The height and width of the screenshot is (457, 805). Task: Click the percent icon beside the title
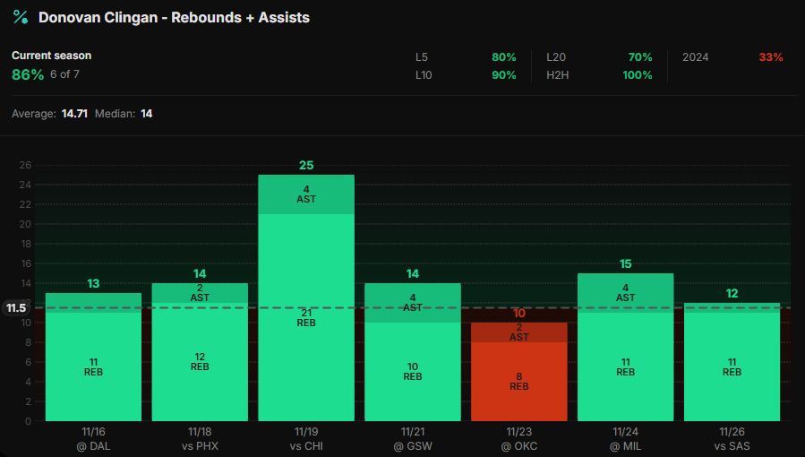pos(20,17)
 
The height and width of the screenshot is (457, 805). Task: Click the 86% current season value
pos(28,75)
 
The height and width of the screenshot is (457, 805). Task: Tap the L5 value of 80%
pos(503,57)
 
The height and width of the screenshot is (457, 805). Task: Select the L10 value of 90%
pos(503,75)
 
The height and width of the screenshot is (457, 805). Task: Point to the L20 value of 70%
pos(639,57)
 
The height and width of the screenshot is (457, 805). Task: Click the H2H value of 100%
pos(637,75)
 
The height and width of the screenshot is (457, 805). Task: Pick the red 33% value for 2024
pos(770,57)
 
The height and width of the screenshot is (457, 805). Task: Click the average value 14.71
pos(74,114)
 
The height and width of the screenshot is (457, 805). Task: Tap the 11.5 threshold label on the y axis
pos(16,308)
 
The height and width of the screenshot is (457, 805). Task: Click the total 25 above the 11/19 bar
pos(306,166)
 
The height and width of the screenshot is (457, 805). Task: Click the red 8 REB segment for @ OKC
pos(519,381)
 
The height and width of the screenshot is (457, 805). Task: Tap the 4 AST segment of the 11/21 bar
pos(412,303)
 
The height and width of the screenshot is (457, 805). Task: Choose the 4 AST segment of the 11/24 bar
pos(625,293)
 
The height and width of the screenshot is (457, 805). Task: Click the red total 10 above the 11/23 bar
pos(519,314)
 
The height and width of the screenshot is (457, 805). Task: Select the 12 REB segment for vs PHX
pos(200,361)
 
